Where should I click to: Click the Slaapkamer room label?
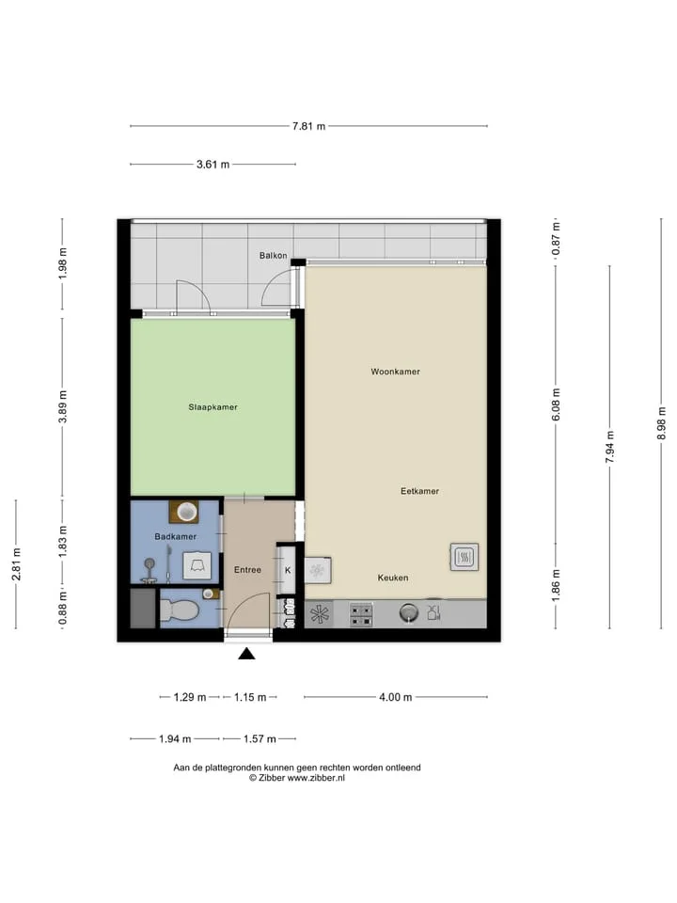213,407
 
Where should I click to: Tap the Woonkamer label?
396,372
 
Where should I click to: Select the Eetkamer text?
419,491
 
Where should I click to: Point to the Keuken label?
393,578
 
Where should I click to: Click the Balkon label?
273,255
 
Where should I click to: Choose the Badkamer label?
176,537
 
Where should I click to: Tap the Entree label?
247,570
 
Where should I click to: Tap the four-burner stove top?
361,614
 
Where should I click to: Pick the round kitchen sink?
409,612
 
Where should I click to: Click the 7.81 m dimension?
308,126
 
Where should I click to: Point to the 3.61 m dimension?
213,164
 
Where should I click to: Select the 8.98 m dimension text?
661,423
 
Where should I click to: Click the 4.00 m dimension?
396,697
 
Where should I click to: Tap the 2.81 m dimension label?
17,564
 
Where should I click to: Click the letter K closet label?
288,571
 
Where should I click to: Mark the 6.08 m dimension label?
556,404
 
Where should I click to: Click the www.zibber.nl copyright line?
297,778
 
